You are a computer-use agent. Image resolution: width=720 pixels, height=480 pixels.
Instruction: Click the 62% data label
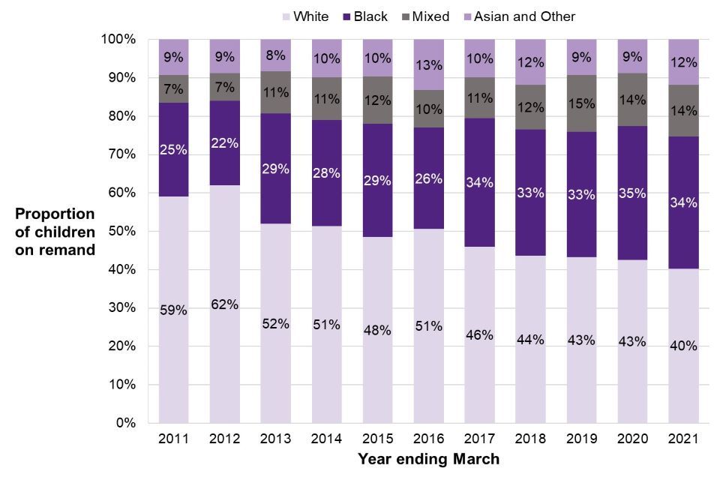click(224, 304)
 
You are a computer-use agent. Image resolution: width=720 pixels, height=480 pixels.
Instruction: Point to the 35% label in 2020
click(632, 192)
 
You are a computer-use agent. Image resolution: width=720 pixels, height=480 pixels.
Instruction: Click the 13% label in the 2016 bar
click(428, 61)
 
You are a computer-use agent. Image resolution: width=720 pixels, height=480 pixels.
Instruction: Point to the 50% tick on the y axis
click(121, 231)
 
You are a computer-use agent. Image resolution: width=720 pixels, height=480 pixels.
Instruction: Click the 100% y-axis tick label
click(118, 39)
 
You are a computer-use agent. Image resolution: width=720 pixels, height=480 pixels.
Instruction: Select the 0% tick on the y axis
click(124, 423)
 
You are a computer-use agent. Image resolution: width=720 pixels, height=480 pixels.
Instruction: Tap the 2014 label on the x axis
click(326, 439)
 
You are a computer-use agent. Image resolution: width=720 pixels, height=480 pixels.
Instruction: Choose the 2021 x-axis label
click(682, 439)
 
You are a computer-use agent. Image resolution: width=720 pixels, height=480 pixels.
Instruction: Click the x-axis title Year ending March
click(428, 458)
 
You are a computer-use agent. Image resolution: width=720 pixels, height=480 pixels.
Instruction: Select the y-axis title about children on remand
click(55, 232)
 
